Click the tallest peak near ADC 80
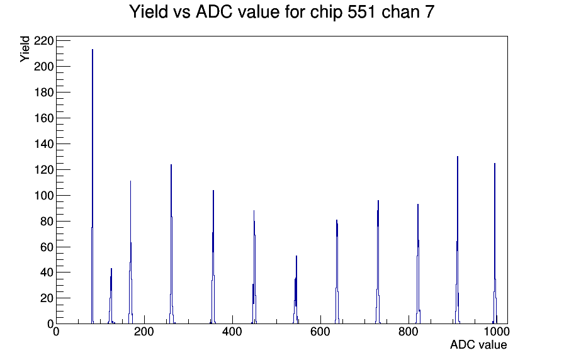pyautogui.click(x=93, y=186)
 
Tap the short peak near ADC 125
pyautogui.click(x=111, y=296)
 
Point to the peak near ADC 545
pyautogui.click(x=296, y=290)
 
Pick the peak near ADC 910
pyautogui.click(x=458, y=240)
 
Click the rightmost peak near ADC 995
pyautogui.click(x=495, y=244)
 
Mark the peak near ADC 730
pyautogui.click(x=378, y=262)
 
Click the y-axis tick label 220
pyautogui.click(x=43, y=41)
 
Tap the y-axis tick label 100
pyautogui.click(x=43, y=196)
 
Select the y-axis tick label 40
pyautogui.click(x=46, y=273)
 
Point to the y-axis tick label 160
pyautogui.click(x=43, y=118)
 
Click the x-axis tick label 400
pyautogui.click(x=232, y=332)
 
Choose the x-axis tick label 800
pyautogui.click(x=409, y=332)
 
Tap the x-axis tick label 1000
pyautogui.click(x=496, y=332)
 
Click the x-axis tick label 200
pyautogui.click(x=144, y=332)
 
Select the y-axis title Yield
pyautogui.click(x=25, y=49)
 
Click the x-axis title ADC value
pyautogui.click(x=478, y=345)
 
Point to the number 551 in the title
pyautogui.click(x=361, y=12)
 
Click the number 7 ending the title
pyautogui.click(x=430, y=12)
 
